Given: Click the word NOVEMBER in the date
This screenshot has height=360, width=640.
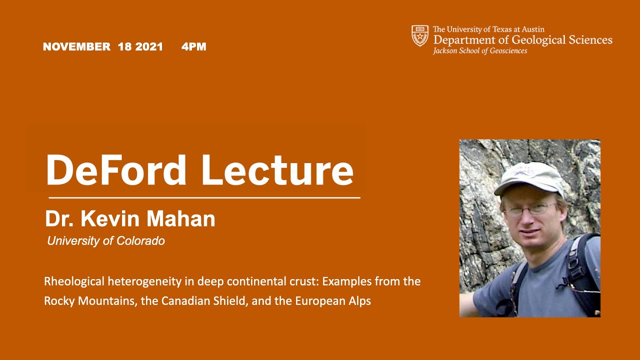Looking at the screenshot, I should (76, 47).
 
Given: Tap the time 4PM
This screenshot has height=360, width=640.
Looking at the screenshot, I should (194, 47).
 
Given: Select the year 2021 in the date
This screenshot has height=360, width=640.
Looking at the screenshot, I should (149, 47).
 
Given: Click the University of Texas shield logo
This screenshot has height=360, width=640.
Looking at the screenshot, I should (420, 35).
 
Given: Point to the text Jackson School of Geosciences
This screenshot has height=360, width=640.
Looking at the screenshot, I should (480, 51).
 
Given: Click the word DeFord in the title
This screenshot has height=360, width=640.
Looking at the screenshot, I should (116, 170).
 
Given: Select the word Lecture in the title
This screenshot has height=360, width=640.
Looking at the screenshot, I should (277, 170).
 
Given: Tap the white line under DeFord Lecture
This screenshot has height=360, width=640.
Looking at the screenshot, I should (202, 198).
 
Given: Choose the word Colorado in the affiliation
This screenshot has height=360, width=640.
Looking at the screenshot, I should (140, 241).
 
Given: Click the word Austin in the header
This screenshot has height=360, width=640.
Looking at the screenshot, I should (531, 29).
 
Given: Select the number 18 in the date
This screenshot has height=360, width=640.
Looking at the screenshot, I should (124, 47).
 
